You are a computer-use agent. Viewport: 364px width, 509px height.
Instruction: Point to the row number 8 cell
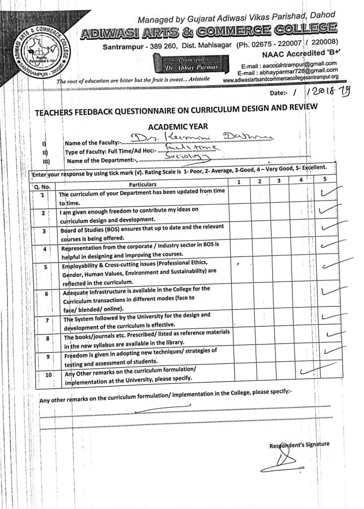coord(48,338)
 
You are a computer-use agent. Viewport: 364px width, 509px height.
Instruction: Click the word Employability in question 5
coord(81,265)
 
